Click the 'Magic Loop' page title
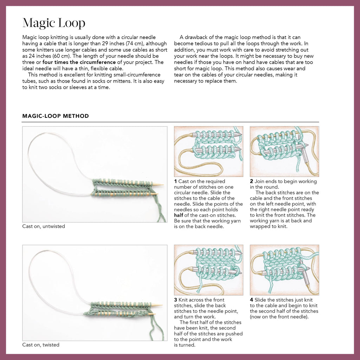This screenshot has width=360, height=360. point(54,23)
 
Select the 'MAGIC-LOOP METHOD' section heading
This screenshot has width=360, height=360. point(56,116)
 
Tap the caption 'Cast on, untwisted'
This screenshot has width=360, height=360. point(44,226)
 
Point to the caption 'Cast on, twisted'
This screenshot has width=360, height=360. point(41,345)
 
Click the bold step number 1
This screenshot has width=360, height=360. point(175,181)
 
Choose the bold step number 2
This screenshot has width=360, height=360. point(251,181)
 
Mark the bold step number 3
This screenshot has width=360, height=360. point(175,300)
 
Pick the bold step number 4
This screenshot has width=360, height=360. point(251,300)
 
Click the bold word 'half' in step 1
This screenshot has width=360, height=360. point(178,215)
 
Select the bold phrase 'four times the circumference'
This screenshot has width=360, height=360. point(79,62)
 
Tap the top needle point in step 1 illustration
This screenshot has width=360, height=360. point(239,134)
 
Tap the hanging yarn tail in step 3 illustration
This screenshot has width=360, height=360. point(200,284)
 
